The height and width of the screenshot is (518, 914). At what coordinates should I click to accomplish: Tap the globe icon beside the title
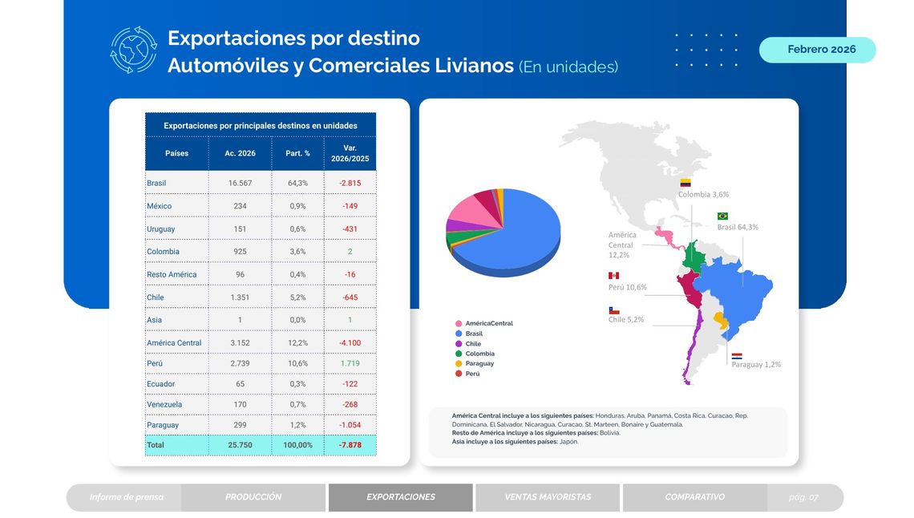point(133,50)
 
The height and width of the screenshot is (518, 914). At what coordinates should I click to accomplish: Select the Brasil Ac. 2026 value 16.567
point(240,183)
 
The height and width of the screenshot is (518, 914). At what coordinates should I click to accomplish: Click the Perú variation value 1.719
point(350,363)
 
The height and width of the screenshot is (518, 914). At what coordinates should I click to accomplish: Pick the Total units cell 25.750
point(240,444)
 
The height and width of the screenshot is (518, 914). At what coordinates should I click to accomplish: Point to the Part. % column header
point(297,153)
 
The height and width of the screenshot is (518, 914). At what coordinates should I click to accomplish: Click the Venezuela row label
point(164,404)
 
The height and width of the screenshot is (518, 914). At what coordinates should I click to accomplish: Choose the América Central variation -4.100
point(350,342)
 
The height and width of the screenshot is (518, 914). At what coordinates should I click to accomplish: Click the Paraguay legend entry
point(479,363)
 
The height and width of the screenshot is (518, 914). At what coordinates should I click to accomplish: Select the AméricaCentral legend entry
point(487,323)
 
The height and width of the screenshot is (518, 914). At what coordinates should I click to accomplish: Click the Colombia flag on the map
point(685,183)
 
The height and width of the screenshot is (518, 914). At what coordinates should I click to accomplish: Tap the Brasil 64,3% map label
point(737,227)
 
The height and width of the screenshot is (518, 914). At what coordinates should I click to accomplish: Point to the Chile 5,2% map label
point(625,319)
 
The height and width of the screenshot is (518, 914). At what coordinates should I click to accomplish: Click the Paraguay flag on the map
point(737,355)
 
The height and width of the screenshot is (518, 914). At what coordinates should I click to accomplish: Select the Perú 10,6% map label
point(627,287)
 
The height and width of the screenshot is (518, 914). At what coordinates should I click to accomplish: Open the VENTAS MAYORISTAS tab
point(547,497)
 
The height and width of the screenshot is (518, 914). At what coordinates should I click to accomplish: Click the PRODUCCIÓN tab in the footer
point(253,497)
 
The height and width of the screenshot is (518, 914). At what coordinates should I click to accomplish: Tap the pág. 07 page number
point(803,497)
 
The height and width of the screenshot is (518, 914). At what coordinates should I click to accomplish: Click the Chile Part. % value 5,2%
point(297,297)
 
